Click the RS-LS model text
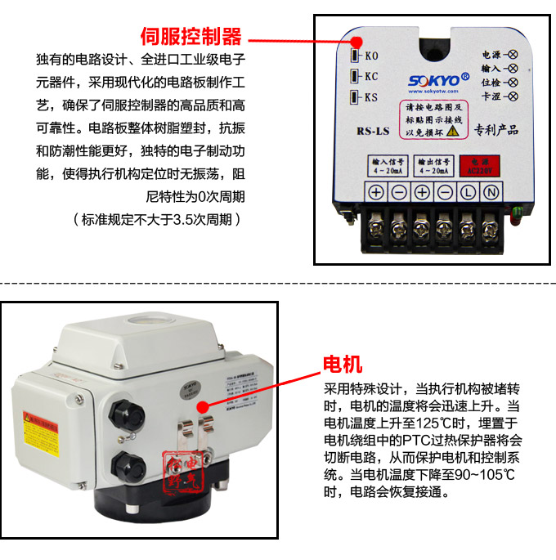[372, 129]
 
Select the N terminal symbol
[491, 194]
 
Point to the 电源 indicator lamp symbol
[513, 55]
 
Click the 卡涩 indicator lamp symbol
[513, 97]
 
